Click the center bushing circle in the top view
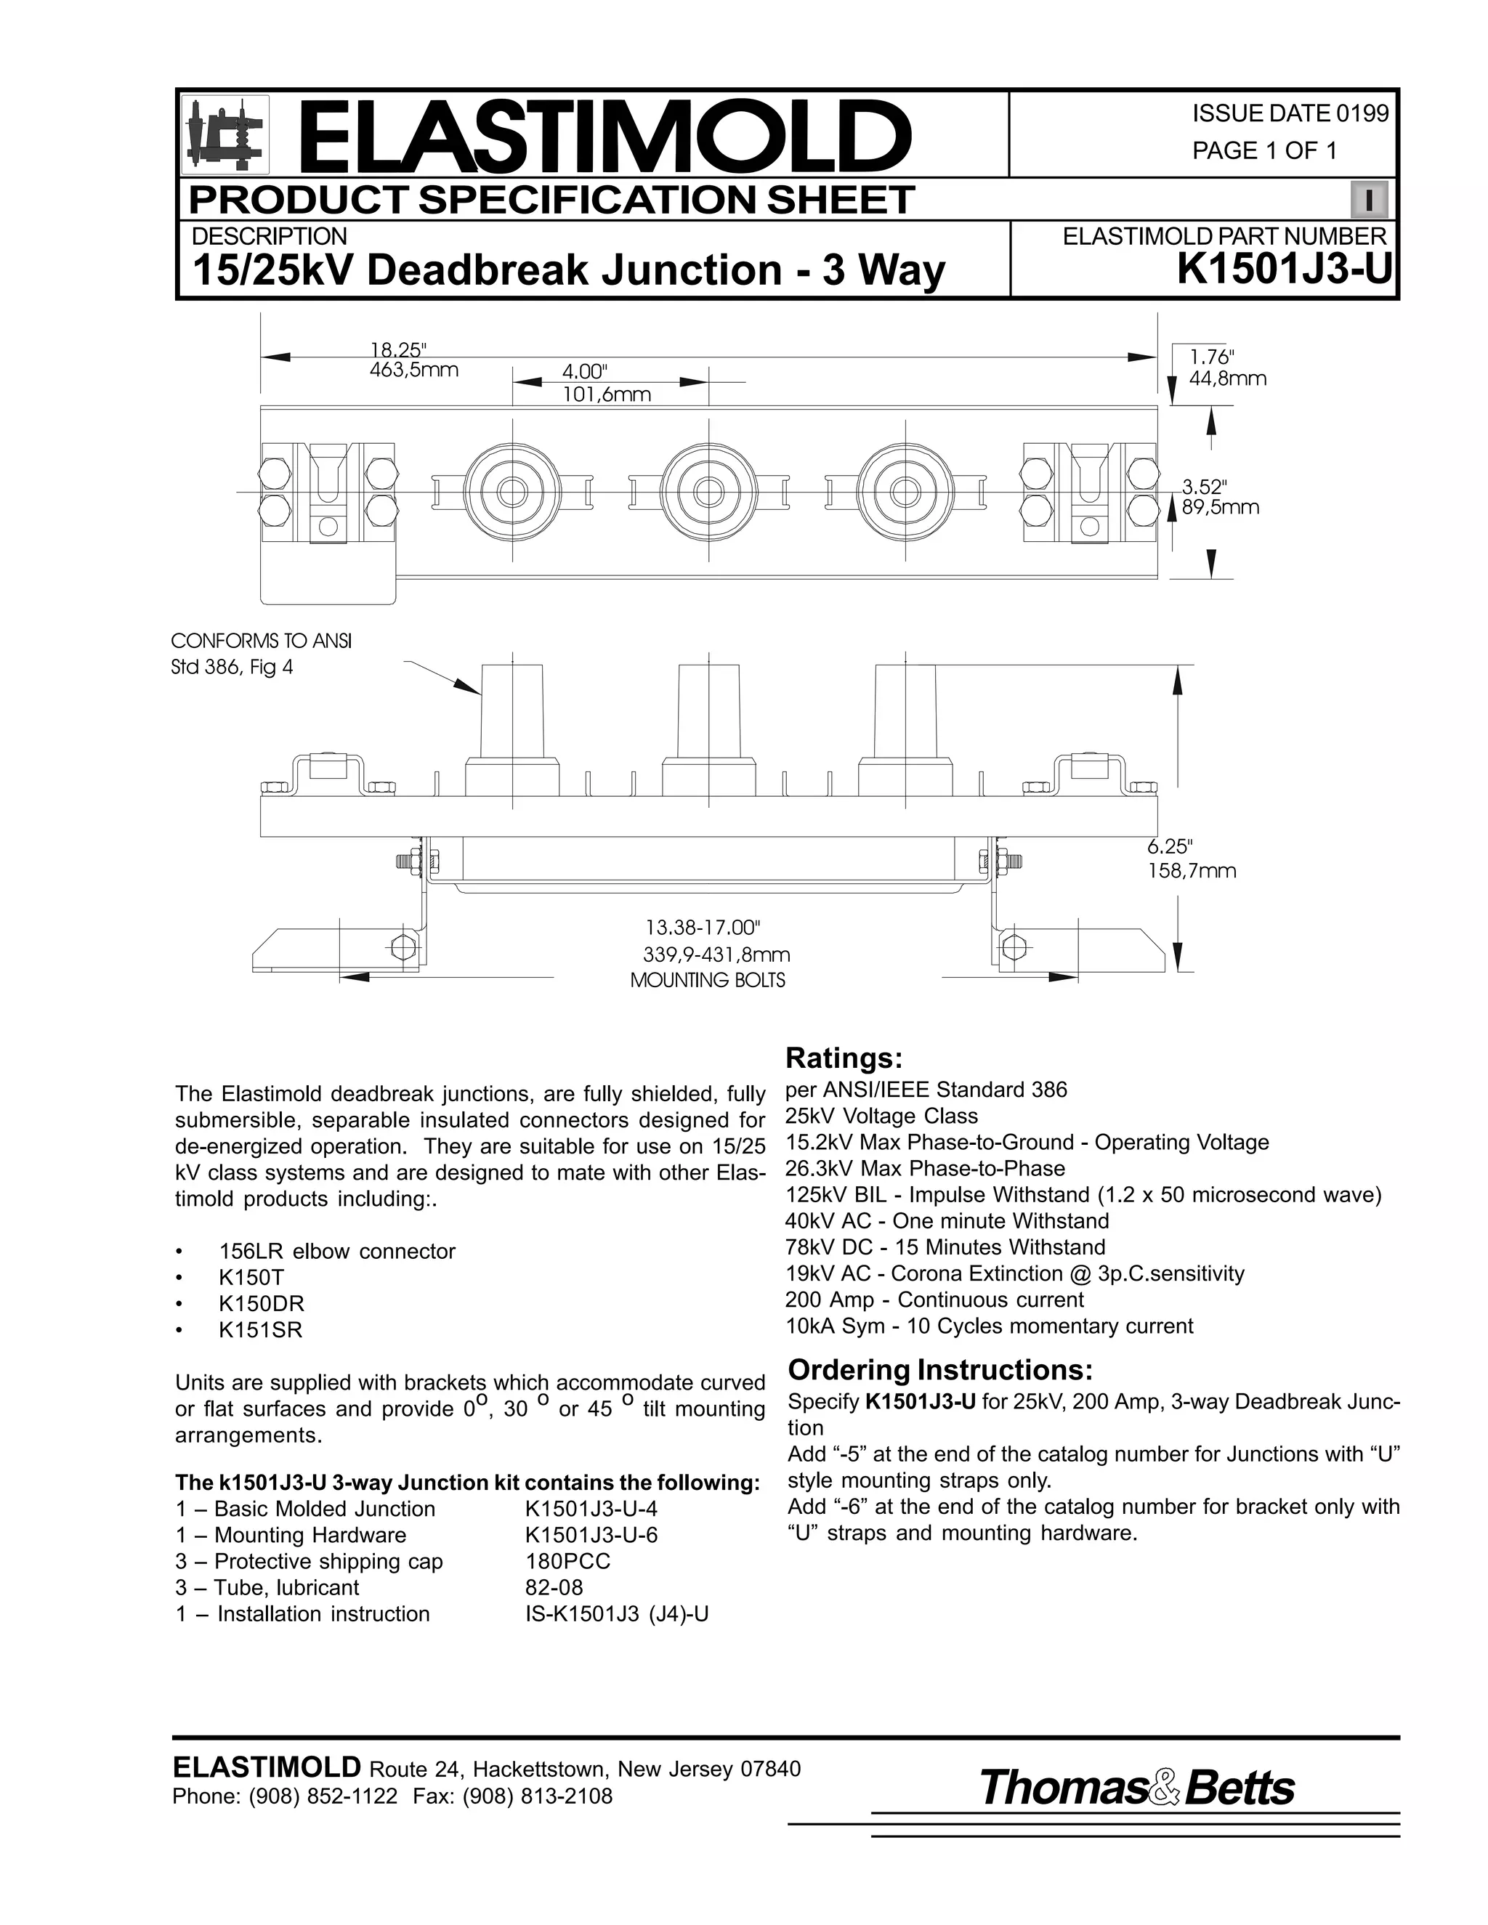point(708,490)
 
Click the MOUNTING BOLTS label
point(707,980)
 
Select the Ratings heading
point(844,1057)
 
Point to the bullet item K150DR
point(261,1304)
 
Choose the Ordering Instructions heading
point(939,1370)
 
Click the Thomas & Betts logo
point(1136,1788)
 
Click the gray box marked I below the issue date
point(1368,200)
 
